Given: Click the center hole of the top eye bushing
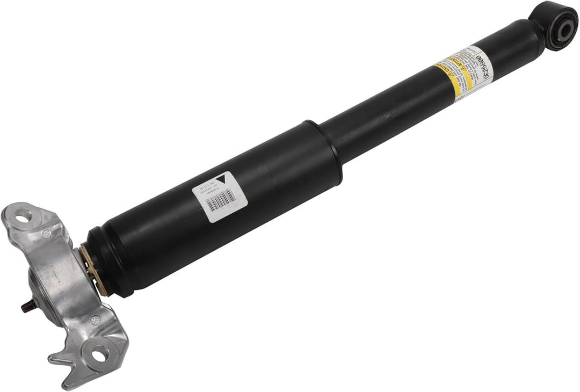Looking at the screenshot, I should (x=564, y=31).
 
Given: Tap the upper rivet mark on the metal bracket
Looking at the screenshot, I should (x=47, y=234).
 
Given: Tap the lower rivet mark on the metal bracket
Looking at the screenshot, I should (x=96, y=320).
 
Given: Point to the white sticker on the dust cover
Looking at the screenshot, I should (x=220, y=197).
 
